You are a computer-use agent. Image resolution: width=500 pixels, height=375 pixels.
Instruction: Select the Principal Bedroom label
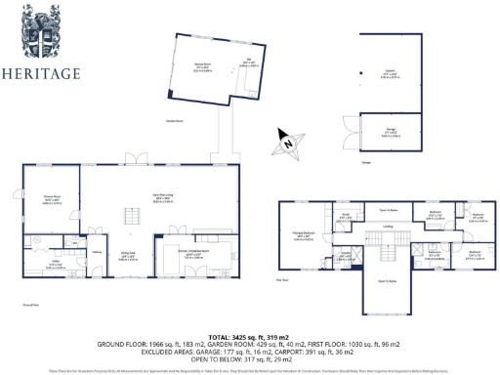click(x=298, y=232)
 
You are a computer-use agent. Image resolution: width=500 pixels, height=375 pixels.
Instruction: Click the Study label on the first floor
click(x=344, y=216)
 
